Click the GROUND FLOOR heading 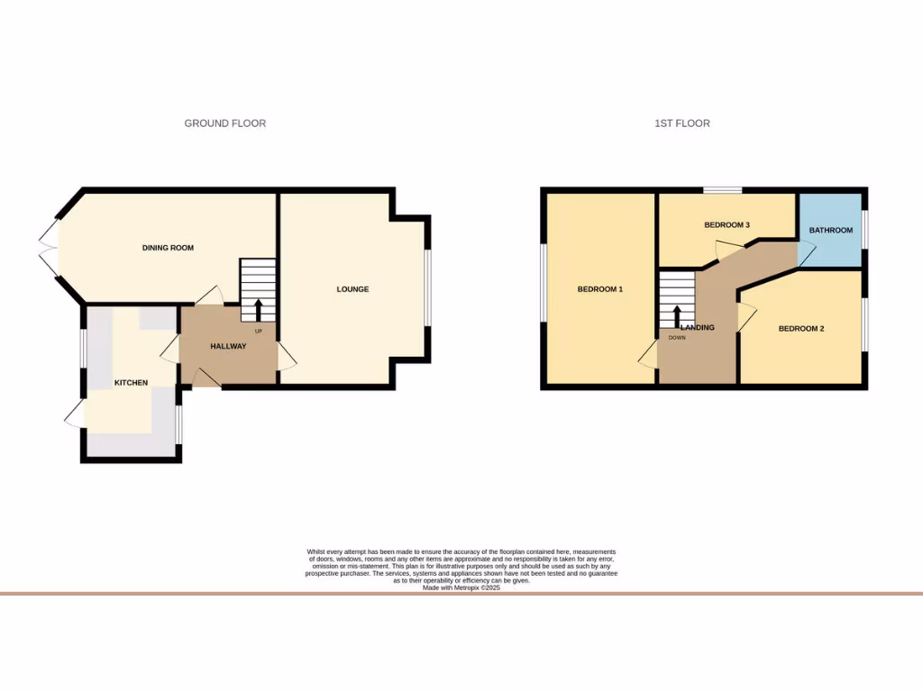click(x=225, y=123)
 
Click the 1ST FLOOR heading click(x=682, y=123)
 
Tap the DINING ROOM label click(x=168, y=248)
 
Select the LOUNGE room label click(x=352, y=289)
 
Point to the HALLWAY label click(x=228, y=347)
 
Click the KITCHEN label click(x=131, y=383)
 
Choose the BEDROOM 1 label click(x=600, y=289)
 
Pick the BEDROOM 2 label click(x=801, y=329)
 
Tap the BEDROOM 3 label click(x=727, y=225)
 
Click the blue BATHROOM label click(x=830, y=231)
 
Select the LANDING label click(x=698, y=327)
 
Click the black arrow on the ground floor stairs click(x=258, y=309)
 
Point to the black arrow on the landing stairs click(x=677, y=315)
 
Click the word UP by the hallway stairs click(x=258, y=331)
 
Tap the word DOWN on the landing click(x=676, y=338)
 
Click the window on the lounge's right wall click(x=428, y=288)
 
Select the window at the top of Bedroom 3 click(x=723, y=189)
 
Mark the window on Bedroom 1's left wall click(x=544, y=281)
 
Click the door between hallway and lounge click(x=286, y=357)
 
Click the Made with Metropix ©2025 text click(x=461, y=587)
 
